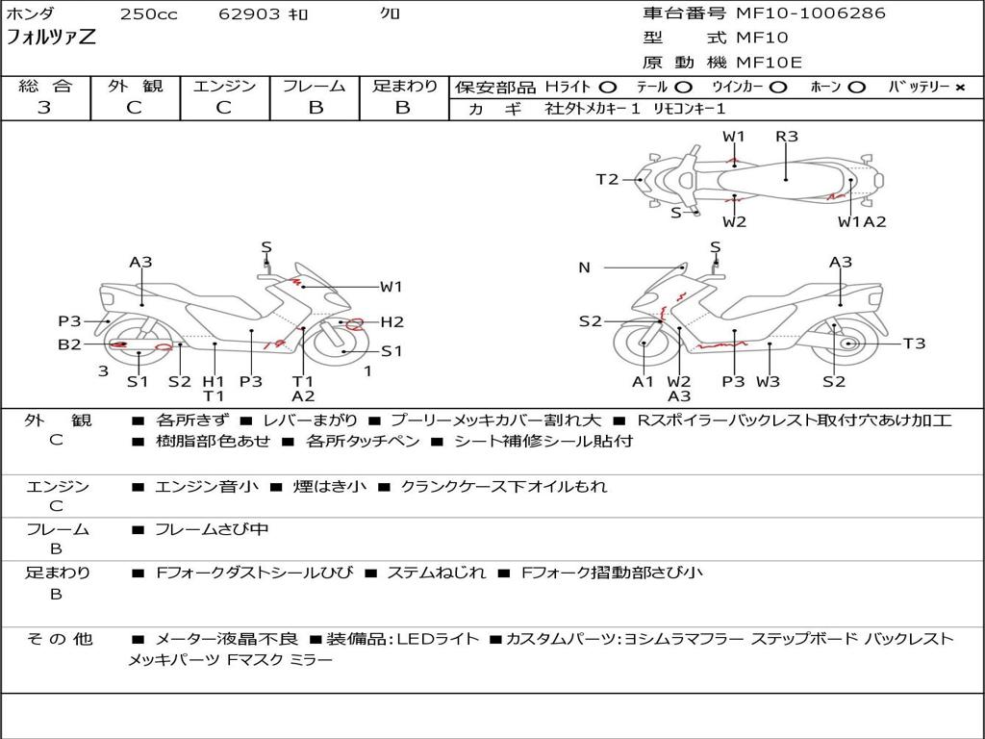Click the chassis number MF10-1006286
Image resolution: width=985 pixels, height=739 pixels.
[x=810, y=13]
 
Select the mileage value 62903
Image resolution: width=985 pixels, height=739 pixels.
[x=249, y=14]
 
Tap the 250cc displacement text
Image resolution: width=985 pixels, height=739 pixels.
[x=148, y=14]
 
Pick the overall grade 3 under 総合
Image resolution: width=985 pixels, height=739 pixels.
[x=44, y=108]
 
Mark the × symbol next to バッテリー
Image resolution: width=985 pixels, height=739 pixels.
[x=959, y=88]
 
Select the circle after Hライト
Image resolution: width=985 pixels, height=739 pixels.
[x=608, y=88]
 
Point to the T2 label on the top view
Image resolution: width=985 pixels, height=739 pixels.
[x=607, y=179]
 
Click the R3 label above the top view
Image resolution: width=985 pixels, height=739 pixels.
[x=787, y=137]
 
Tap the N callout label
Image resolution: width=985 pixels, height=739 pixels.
[x=584, y=268]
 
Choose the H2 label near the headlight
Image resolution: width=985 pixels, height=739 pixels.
[x=391, y=322]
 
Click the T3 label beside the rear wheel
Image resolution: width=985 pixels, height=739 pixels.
[x=914, y=344]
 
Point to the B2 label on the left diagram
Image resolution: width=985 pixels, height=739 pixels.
[x=69, y=344]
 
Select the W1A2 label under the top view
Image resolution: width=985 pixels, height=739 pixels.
[x=861, y=222]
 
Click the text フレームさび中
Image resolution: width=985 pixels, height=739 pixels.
[x=213, y=529]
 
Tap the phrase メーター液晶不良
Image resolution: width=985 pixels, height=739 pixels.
[x=227, y=639]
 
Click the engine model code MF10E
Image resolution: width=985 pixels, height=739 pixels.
[x=769, y=63]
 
